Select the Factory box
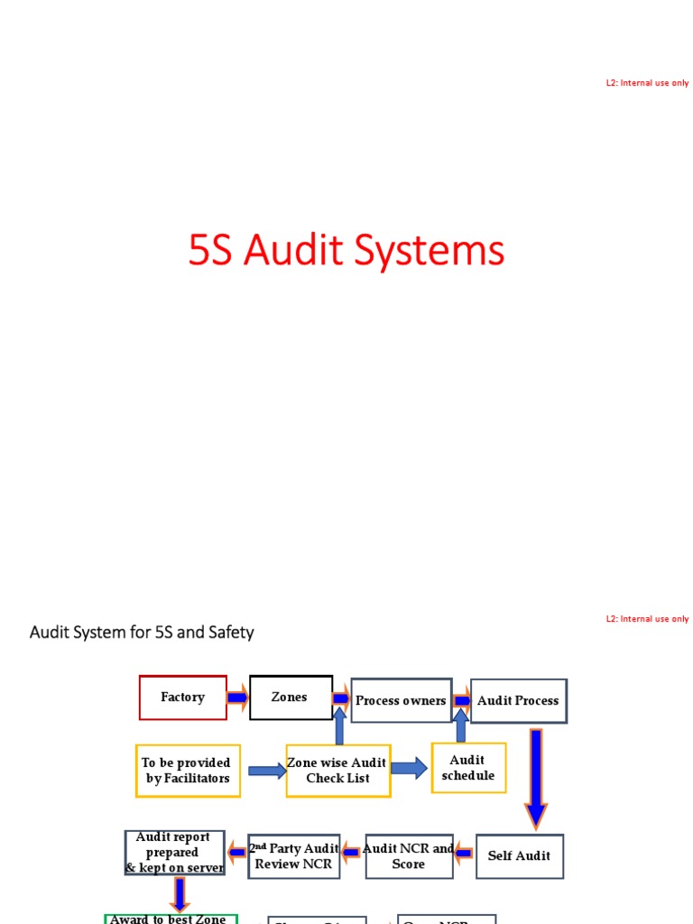point(183,698)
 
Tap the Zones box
point(291,698)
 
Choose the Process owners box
point(401,701)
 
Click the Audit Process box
point(518,701)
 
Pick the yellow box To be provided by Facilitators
point(188,771)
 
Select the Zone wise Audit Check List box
point(338,771)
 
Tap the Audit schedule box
point(468,768)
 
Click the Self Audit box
point(519,855)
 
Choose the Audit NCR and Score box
point(409,856)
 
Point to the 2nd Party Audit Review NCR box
point(294,856)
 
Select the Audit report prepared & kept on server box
point(174,853)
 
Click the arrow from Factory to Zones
point(238,698)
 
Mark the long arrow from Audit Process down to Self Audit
point(536,778)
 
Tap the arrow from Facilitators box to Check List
point(266,771)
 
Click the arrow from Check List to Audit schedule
point(410,769)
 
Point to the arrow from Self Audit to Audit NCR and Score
point(464,851)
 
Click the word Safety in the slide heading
point(231,633)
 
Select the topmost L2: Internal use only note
point(647,83)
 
